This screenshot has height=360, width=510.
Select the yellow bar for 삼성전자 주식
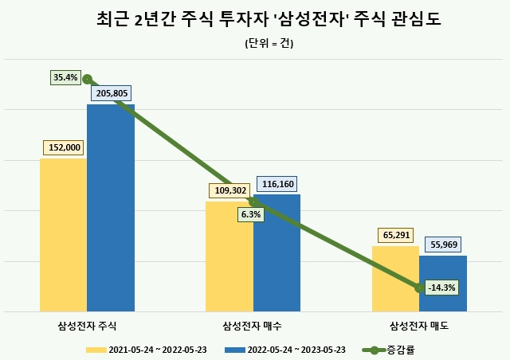tap(63, 239)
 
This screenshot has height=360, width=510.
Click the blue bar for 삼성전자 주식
tap(111, 215)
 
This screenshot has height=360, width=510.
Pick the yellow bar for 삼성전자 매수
tap(229, 259)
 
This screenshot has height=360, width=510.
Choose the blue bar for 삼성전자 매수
tap(277, 255)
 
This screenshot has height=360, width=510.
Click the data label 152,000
tap(64, 147)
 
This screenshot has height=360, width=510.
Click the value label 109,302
tap(229, 190)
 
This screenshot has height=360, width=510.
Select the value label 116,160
tap(276, 184)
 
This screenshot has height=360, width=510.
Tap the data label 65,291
tap(395, 235)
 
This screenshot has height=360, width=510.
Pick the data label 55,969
tap(442, 245)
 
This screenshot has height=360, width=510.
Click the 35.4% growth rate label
tap(65, 77)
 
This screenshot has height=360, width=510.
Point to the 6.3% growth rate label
tap(249, 214)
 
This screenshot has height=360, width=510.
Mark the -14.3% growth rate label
tap(441, 287)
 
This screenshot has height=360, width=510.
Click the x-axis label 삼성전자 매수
tap(253, 327)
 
